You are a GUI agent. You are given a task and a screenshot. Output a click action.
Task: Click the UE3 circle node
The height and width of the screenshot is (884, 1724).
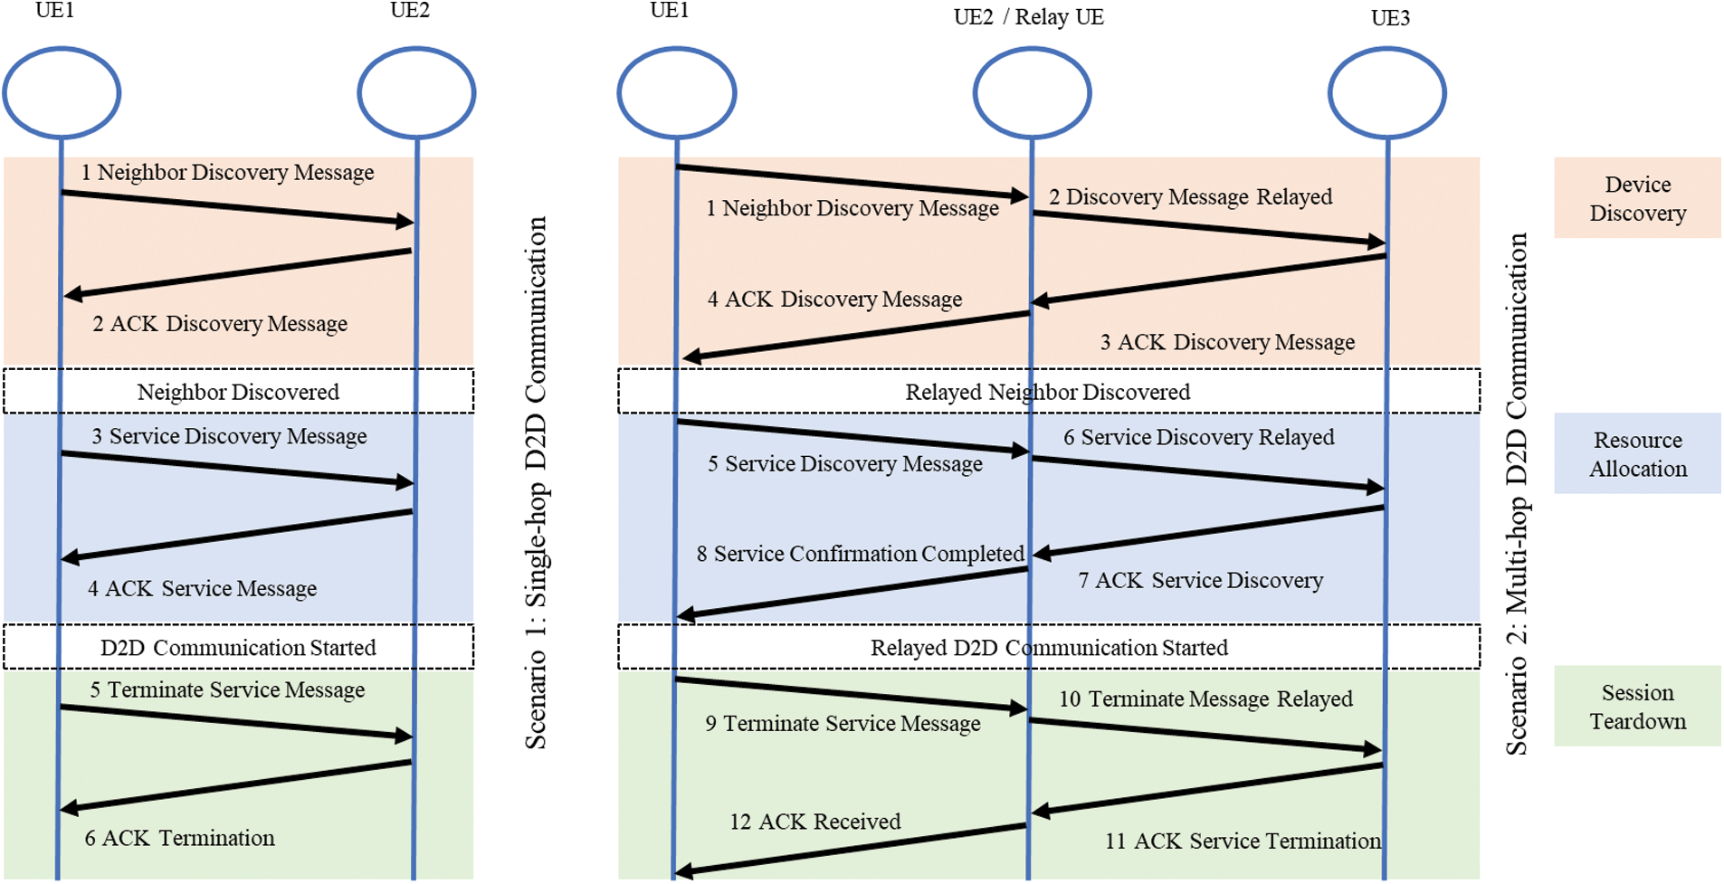point(1386,92)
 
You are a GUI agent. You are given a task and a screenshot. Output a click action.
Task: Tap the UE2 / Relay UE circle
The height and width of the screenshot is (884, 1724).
point(1032,92)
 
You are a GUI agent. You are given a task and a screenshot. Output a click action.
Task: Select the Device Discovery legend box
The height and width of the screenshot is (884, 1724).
point(1637,198)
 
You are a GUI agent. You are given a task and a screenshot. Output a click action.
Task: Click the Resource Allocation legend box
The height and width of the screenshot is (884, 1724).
point(1637,454)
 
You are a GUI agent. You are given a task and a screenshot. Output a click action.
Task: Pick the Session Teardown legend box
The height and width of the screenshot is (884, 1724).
point(1637,707)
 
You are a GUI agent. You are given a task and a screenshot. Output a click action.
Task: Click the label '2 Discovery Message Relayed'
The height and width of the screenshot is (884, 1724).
point(1190,197)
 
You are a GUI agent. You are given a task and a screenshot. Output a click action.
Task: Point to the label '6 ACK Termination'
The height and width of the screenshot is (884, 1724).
point(179,838)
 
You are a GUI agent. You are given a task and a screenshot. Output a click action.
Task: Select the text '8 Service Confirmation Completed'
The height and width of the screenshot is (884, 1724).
point(860,554)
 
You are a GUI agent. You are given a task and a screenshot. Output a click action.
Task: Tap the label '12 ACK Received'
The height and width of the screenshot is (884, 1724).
point(814,822)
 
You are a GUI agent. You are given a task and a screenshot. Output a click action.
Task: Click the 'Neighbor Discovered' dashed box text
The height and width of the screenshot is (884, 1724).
point(238,392)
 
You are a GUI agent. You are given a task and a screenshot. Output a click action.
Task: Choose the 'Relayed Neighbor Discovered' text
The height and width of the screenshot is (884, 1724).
point(1047,392)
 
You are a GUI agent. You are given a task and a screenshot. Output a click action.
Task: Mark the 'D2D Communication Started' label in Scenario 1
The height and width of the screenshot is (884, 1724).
point(238,648)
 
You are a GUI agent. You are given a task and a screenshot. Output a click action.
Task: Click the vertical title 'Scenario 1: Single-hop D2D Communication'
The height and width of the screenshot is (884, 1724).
point(536,482)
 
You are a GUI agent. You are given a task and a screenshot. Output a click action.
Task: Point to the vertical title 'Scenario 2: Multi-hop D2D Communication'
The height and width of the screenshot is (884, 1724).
point(1516,493)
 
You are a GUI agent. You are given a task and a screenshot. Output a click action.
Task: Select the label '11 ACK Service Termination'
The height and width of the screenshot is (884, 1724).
point(1243,841)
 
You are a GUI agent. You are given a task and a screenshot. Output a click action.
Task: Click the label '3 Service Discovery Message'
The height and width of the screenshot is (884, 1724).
point(229,436)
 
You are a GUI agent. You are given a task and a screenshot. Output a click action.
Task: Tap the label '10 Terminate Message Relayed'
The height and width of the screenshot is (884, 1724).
point(1205,699)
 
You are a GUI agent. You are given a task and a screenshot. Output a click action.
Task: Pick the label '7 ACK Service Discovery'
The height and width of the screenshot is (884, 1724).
point(1200,581)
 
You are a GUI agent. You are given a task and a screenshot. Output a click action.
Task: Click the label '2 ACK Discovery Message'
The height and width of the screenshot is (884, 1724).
point(220,324)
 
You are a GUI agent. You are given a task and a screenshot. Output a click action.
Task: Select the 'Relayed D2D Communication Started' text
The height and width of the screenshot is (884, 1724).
point(1049,648)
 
